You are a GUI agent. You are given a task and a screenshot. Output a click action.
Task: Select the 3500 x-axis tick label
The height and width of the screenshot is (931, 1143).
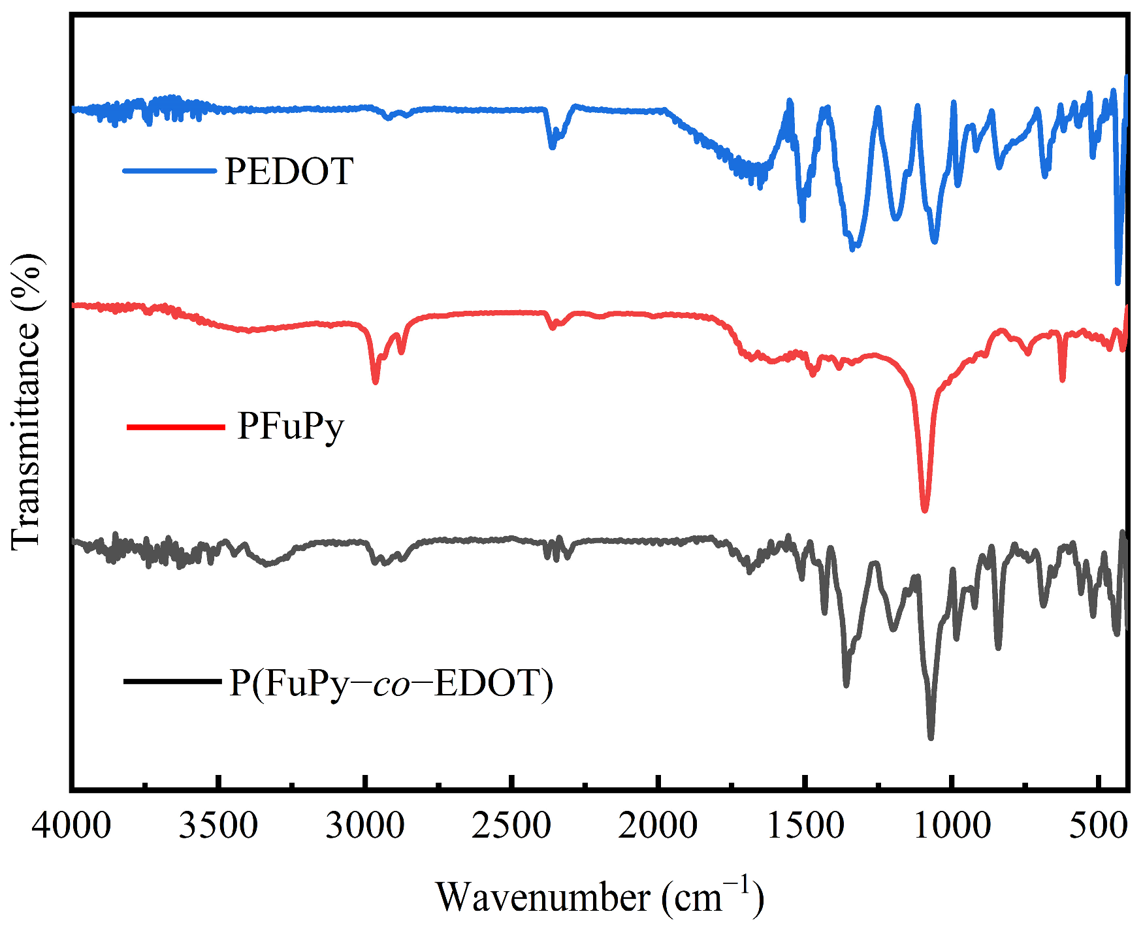click(219, 827)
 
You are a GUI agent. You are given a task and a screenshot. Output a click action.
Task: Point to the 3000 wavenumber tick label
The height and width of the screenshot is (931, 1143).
click(365, 827)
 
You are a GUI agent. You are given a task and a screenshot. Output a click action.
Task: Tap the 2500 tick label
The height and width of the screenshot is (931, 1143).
click(512, 827)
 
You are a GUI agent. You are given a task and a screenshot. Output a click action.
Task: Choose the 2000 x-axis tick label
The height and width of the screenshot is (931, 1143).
click(658, 827)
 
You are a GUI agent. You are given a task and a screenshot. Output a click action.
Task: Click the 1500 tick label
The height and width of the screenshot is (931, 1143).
click(805, 827)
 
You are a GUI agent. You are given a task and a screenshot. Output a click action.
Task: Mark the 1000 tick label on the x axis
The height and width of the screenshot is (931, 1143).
click(952, 827)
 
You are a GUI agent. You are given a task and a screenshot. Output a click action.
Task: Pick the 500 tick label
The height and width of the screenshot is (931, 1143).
click(1098, 827)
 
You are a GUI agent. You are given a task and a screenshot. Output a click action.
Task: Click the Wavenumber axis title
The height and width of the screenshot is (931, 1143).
click(599, 897)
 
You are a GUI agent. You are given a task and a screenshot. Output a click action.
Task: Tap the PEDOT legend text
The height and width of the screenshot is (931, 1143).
click(289, 172)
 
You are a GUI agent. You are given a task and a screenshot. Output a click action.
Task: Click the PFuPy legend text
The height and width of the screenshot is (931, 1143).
click(291, 426)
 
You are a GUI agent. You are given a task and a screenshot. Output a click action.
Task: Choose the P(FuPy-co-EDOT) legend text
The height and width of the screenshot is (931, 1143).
click(391, 684)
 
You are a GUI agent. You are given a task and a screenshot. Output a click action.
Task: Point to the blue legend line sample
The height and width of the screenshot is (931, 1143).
click(169, 171)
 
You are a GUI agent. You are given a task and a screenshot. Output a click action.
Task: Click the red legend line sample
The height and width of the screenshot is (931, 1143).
click(175, 428)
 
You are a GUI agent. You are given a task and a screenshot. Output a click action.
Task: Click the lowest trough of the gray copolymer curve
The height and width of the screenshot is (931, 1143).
click(931, 737)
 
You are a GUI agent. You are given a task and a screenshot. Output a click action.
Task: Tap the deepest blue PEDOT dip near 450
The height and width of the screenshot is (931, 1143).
click(1118, 282)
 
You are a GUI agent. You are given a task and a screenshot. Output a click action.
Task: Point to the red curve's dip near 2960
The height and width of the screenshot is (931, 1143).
click(375, 381)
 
